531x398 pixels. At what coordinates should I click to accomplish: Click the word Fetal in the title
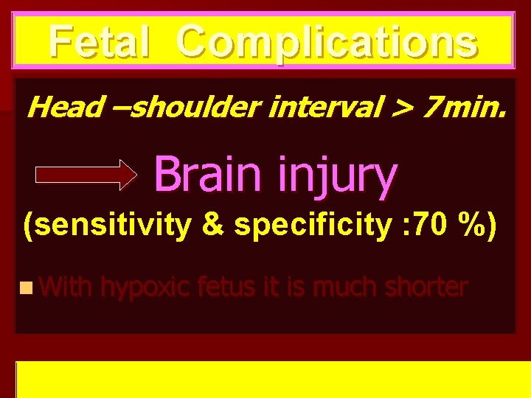pos(100,41)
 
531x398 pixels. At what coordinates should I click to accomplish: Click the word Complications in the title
pos(327,43)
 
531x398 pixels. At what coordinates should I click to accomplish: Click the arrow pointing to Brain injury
pos(86,175)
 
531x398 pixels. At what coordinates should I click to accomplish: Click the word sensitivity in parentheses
pos(112,226)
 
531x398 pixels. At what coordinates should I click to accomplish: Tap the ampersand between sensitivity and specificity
pos(212,226)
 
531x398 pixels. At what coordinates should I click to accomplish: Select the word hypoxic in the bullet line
pos(145,287)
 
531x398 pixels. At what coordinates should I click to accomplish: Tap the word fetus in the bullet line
pos(226,287)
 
